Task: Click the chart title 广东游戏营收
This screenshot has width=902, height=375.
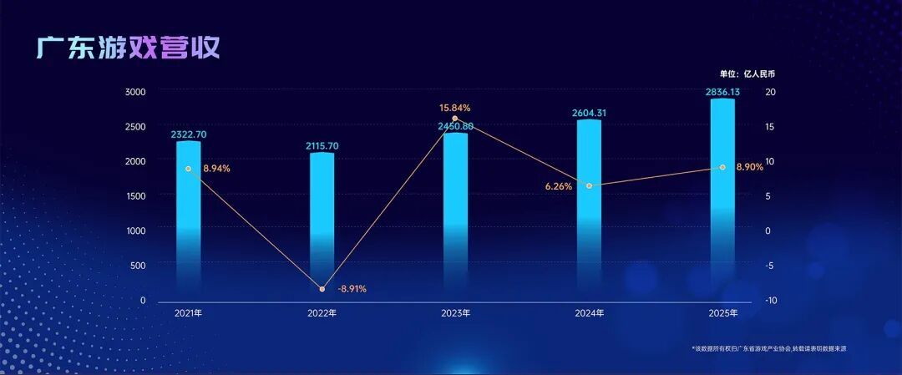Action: click(128, 48)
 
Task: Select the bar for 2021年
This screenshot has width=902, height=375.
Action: click(189, 217)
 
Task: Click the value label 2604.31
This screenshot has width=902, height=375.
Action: click(590, 113)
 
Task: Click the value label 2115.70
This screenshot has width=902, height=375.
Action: click(322, 146)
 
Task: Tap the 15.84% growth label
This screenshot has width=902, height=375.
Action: click(455, 108)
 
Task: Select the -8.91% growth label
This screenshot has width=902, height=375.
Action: click(352, 289)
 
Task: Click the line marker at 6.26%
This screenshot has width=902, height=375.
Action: click(590, 185)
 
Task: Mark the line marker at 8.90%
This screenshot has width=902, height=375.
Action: click(722, 167)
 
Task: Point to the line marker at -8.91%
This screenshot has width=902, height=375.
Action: click(322, 289)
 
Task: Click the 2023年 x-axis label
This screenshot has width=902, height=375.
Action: click(455, 313)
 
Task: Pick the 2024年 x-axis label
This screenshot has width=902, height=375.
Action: click(590, 313)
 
